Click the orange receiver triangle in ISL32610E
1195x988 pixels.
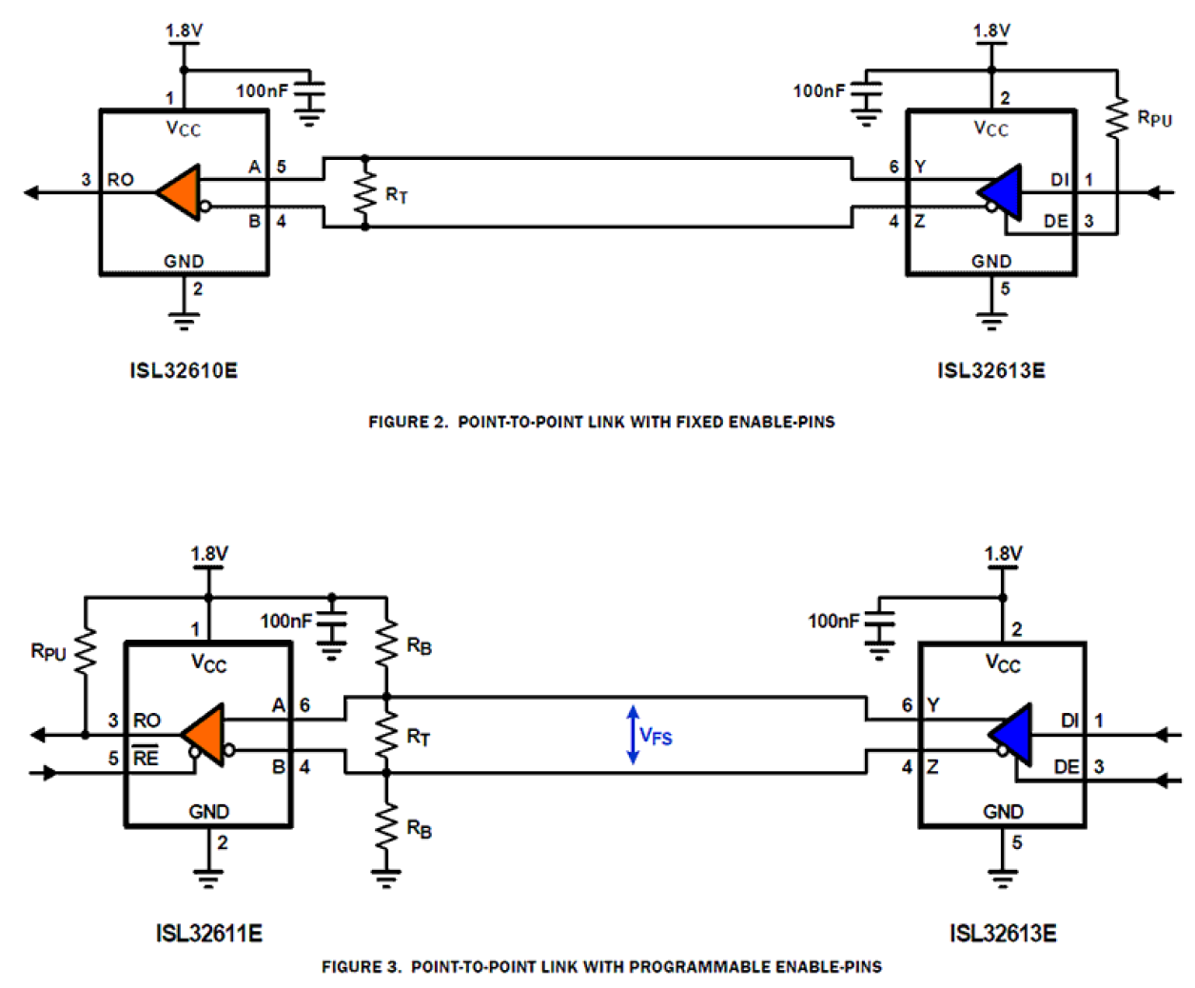182,192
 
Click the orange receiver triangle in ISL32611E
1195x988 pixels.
206,735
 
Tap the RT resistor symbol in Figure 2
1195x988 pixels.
365,194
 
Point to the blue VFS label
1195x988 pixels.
656,736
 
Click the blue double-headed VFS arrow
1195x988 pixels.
633,734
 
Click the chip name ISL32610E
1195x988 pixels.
184,370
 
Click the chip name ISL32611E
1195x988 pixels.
208,933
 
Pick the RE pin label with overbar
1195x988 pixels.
146,758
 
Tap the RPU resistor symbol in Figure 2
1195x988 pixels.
1117,119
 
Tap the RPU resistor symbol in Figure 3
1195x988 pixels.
86,652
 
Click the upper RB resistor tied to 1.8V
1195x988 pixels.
385,644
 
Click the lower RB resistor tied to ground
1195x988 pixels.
385,827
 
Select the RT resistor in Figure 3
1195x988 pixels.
385,736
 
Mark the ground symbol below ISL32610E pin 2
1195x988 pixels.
184,321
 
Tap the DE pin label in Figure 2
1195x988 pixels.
1055,221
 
